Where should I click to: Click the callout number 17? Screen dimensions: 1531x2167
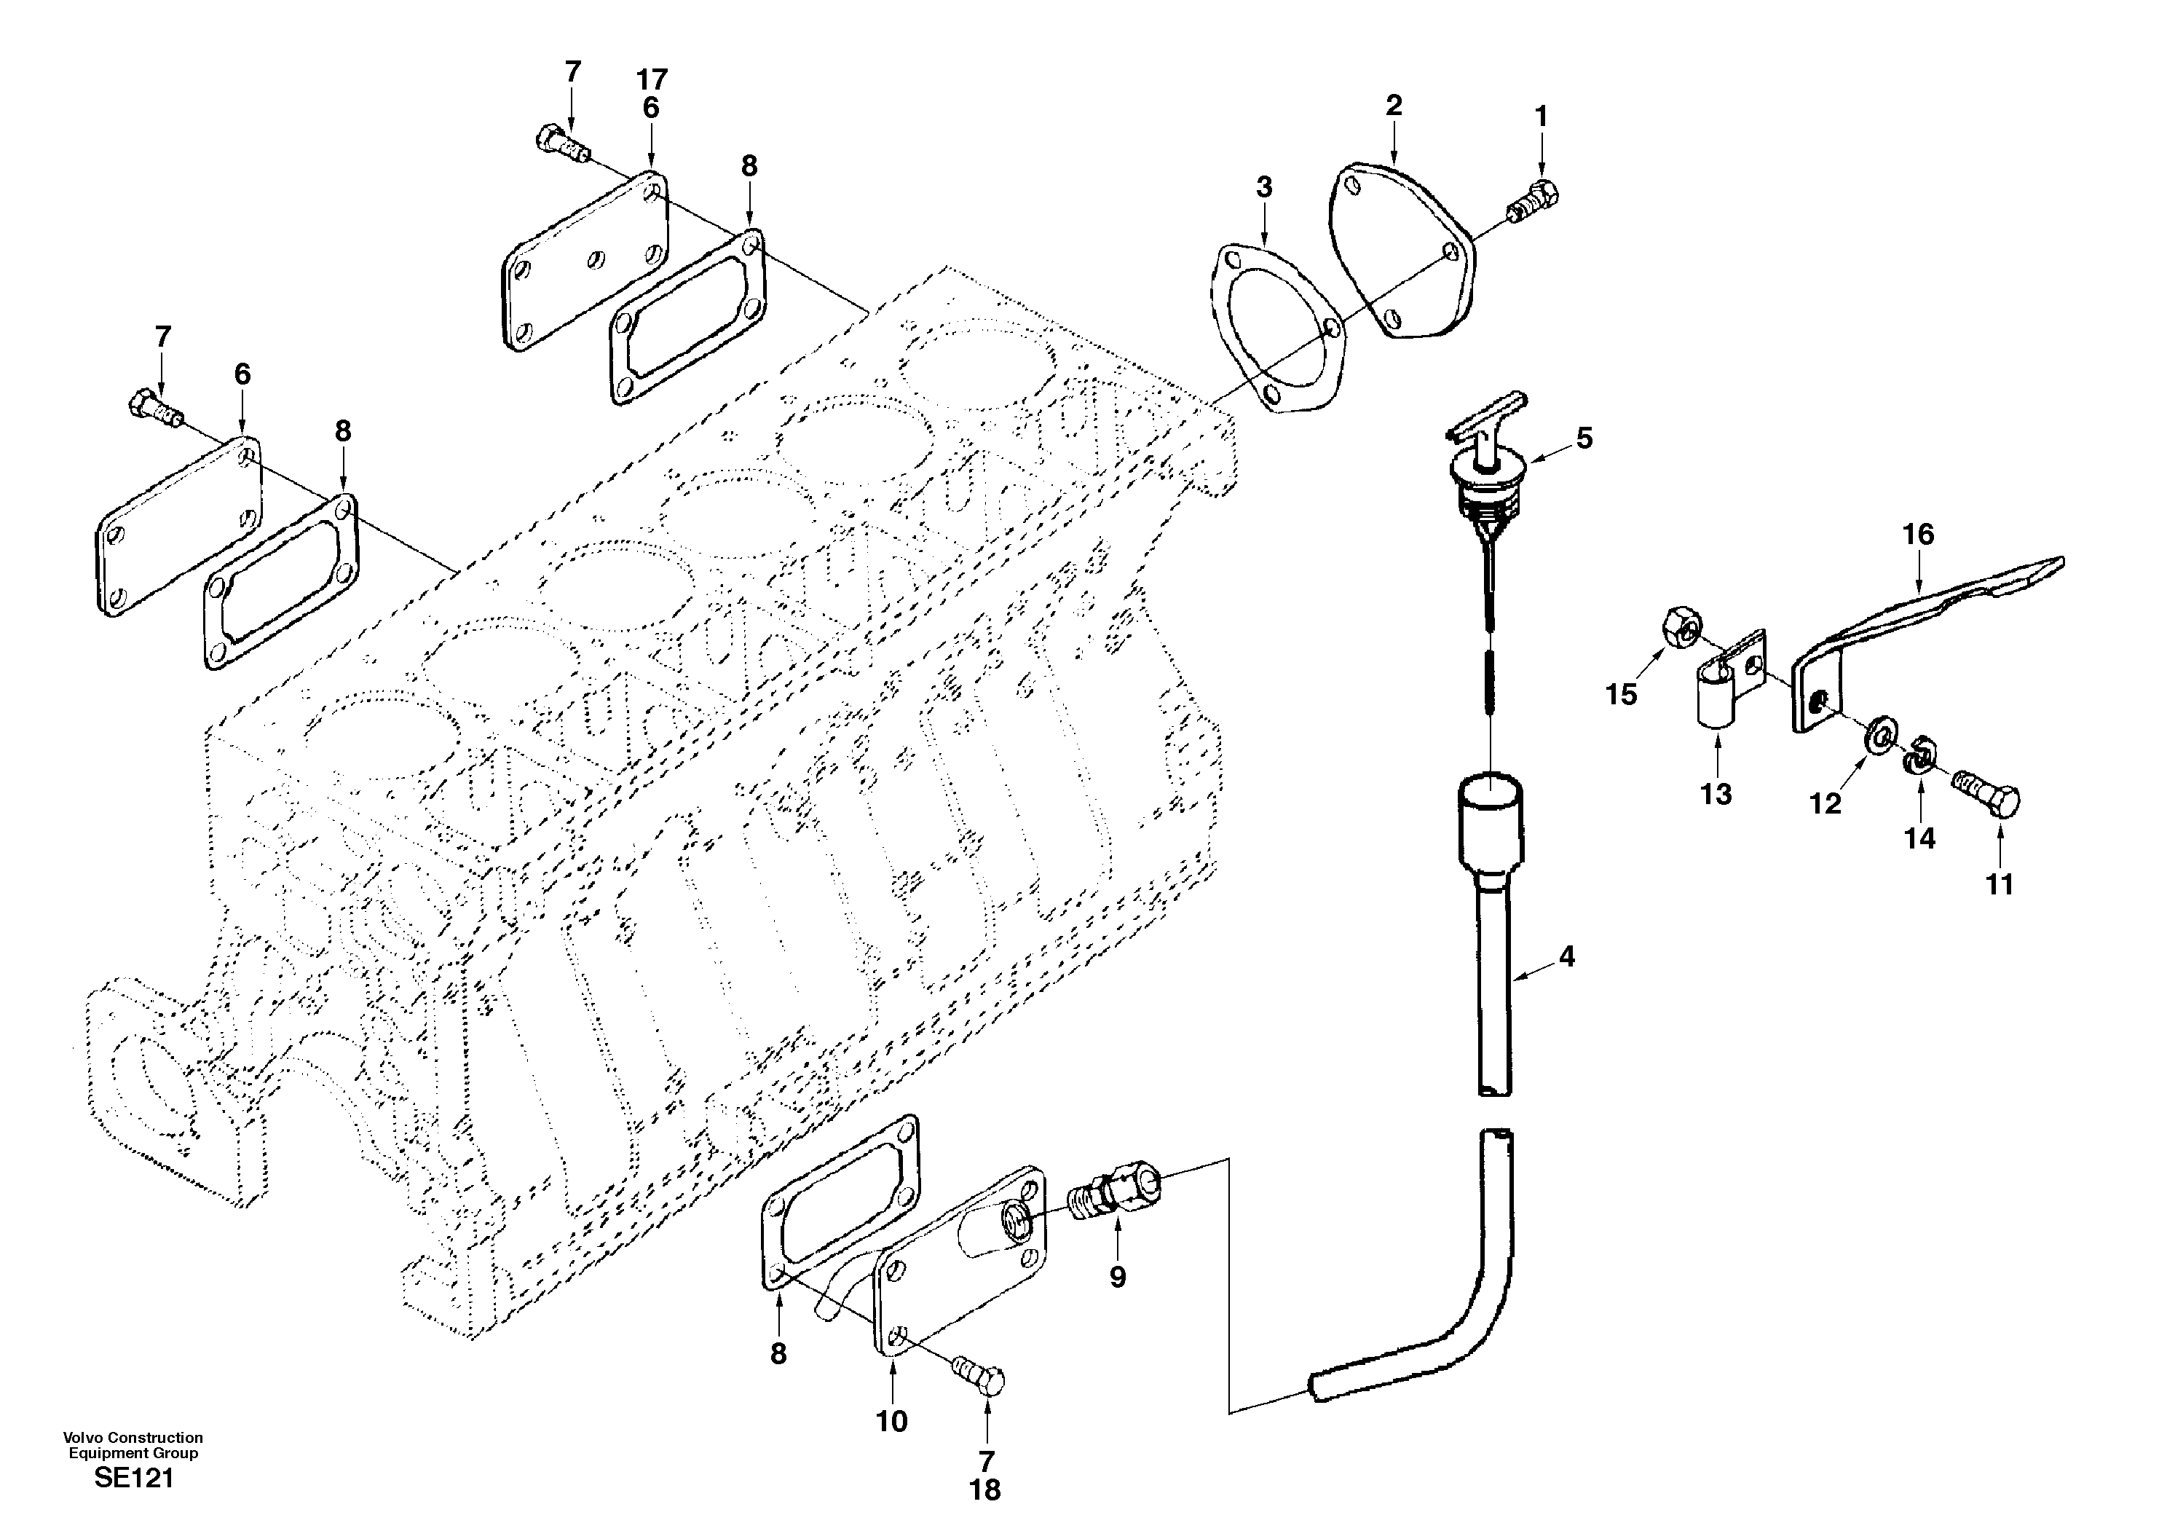651,79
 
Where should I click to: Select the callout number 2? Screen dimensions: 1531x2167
1394,106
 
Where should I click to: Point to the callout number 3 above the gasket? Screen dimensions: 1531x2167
1264,187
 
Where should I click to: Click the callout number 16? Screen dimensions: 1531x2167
1918,534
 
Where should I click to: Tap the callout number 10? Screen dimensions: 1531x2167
891,1422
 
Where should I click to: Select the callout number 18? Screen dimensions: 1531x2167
984,1490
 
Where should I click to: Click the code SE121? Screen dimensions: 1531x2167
134,1478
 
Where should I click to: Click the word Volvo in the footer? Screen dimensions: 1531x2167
80,1438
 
